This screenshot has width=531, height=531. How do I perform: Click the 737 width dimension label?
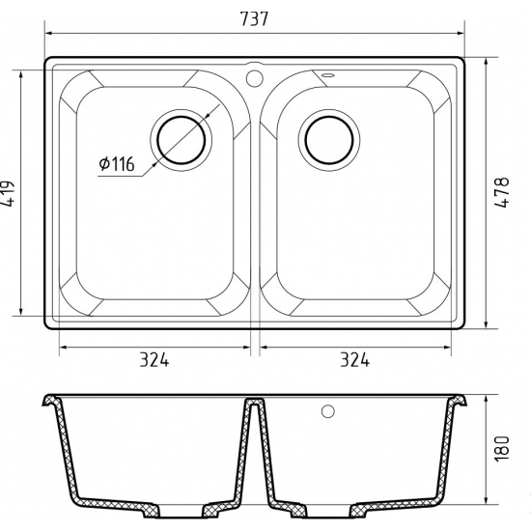254,19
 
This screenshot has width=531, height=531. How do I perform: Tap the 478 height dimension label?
501,192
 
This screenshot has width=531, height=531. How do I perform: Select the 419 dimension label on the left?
8,194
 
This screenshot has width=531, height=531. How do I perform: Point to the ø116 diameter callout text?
117,164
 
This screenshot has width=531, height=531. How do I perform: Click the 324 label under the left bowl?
154,360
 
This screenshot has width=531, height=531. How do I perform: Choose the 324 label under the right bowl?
355,360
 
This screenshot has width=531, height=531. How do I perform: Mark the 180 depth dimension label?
501,448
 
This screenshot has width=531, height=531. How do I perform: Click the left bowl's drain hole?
182,140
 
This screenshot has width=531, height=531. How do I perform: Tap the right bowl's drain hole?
329,140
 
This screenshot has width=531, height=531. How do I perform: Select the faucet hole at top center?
254,78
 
